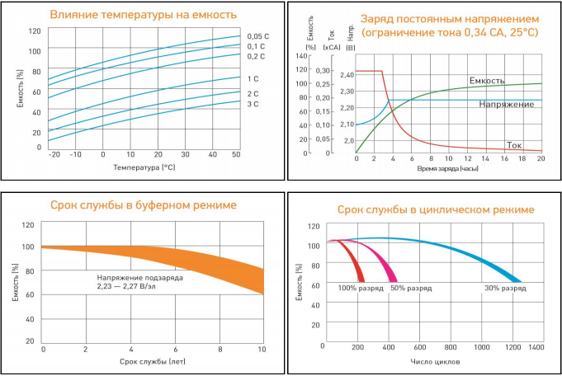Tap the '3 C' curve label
click(x=253, y=104)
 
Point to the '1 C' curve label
click(x=253, y=78)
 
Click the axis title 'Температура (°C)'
click(x=144, y=167)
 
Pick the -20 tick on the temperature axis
click(x=54, y=154)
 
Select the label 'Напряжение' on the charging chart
click(x=505, y=105)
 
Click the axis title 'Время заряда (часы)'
click(x=449, y=167)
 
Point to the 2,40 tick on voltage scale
click(x=346, y=75)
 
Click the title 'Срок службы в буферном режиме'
click(x=144, y=204)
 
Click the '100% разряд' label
click(x=357, y=289)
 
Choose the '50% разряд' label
click(x=411, y=289)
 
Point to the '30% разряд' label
click(x=505, y=289)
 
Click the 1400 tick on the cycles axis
click(x=537, y=349)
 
